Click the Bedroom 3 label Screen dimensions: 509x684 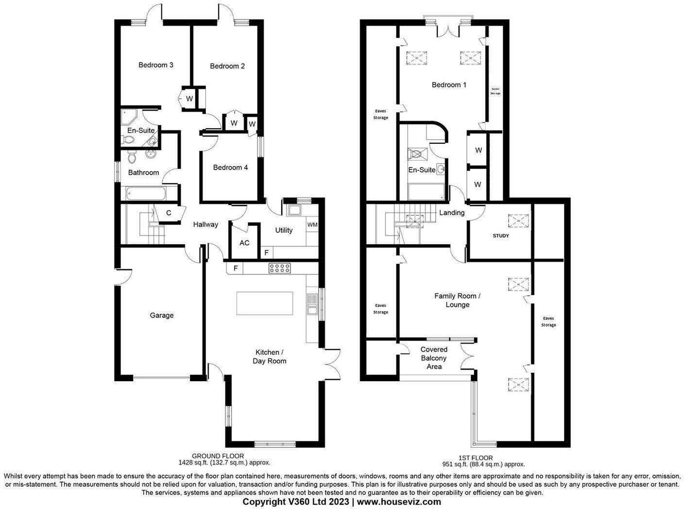156,65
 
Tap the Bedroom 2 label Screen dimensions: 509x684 227,66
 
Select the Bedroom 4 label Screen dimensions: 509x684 230,168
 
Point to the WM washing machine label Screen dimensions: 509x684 312,225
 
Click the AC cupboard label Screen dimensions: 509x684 244,242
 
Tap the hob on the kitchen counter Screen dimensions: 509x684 280,268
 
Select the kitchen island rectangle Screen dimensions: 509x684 265,304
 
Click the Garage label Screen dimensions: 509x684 162,315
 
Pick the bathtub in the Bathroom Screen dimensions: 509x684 146,194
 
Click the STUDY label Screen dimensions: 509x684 501,236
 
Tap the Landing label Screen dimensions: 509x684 452,213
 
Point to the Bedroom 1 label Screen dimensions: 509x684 449,85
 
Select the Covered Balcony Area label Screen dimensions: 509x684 434,358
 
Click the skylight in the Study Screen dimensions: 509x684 518,221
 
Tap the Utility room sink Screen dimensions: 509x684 294,210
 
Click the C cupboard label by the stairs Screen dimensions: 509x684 169,213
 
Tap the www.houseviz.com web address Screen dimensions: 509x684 399,502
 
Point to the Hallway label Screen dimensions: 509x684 205,224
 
